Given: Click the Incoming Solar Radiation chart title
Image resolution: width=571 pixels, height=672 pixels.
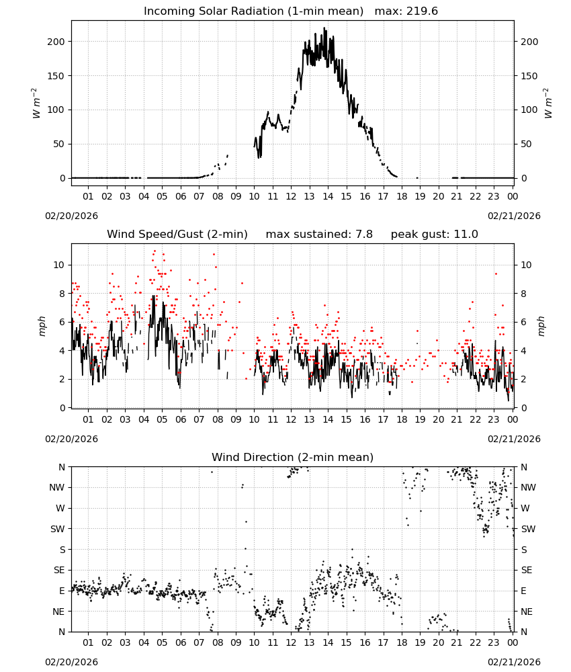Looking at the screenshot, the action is [x=253, y=11].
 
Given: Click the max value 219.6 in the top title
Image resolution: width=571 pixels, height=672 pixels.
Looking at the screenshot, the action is [x=422, y=11].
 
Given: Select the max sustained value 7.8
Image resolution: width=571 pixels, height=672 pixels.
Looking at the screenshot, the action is [x=364, y=235].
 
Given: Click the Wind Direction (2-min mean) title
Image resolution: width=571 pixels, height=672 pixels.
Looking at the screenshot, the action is [x=293, y=457].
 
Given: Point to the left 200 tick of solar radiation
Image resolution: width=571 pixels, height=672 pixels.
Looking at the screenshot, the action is [x=56, y=42].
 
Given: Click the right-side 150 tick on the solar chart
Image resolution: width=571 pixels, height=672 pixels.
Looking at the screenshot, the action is [x=529, y=76].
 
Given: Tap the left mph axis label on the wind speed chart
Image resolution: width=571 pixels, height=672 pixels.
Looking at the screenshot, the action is [x=42, y=326].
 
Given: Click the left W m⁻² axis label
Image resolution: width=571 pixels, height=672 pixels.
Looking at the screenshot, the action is [x=36, y=103].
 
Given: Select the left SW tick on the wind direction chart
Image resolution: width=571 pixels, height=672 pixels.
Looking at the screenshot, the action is [x=58, y=529].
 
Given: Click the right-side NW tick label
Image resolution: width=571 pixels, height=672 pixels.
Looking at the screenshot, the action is [x=529, y=487].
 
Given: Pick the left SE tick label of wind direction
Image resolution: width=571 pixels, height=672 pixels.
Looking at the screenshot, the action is [x=59, y=570].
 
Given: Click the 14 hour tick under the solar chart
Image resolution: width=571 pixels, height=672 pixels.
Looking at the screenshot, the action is [x=328, y=196].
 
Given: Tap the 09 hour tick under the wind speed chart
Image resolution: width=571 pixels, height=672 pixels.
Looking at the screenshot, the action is [x=236, y=419].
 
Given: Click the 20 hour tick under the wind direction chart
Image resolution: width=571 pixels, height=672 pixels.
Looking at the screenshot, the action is [x=439, y=643].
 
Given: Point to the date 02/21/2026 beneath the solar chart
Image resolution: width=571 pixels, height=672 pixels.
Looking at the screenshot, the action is [x=514, y=216].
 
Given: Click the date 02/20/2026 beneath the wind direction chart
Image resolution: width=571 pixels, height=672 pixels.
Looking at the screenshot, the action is [x=71, y=662].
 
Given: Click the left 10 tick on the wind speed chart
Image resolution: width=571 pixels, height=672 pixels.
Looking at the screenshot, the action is [x=59, y=265].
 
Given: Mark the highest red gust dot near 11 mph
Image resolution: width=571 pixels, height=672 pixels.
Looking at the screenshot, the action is [x=155, y=251].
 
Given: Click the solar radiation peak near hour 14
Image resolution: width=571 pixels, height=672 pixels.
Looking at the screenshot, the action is [x=324, y=28].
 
